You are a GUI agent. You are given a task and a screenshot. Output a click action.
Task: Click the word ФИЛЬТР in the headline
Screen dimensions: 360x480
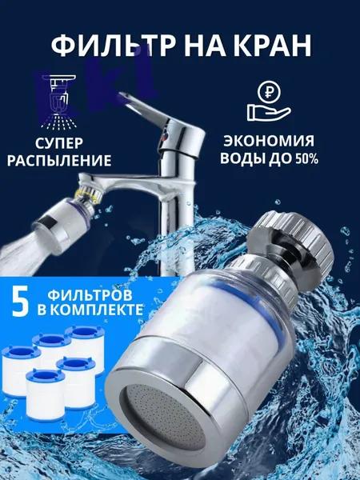point(113,46)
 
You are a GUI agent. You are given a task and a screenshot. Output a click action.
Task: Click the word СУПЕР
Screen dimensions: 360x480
point(58,142)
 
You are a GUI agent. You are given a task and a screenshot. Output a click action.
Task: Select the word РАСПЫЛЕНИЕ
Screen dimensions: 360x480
point(59,161)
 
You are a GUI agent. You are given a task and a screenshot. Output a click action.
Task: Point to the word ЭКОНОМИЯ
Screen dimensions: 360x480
point(269,141)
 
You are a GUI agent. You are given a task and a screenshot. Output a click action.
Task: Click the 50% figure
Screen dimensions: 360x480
point(306,159)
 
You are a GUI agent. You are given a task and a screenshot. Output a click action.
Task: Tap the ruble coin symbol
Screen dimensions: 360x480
point(269,92)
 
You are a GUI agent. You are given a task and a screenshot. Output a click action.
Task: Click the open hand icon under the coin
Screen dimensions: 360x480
point(269,112)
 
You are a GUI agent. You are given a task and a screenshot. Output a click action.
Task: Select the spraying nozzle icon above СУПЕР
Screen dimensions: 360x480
point(59,101)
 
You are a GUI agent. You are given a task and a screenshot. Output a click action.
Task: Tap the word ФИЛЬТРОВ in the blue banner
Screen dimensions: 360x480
point(90,295)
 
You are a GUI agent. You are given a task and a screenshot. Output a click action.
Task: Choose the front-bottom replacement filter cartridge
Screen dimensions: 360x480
point(46,395)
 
